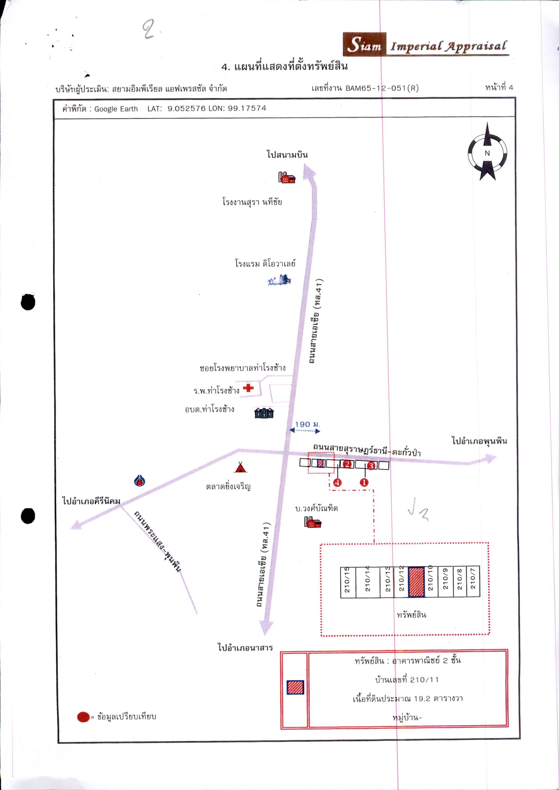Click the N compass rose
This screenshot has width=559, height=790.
[487, 152]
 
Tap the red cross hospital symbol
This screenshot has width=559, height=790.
[248, 388]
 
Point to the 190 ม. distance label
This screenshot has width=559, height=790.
[307, 425]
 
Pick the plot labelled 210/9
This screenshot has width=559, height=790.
[445, 582]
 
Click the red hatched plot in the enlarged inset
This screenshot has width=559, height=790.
[416, 582]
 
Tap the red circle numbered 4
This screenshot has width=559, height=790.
[337, 482]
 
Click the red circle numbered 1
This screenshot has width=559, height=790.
[364, 482]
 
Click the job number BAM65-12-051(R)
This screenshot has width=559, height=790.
[382, 88]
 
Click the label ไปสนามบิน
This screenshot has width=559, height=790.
[287, 154]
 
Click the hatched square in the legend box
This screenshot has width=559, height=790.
[295, 687]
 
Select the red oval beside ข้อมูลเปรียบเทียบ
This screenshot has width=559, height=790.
[83, 717]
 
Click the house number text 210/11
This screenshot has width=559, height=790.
[424, 680]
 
